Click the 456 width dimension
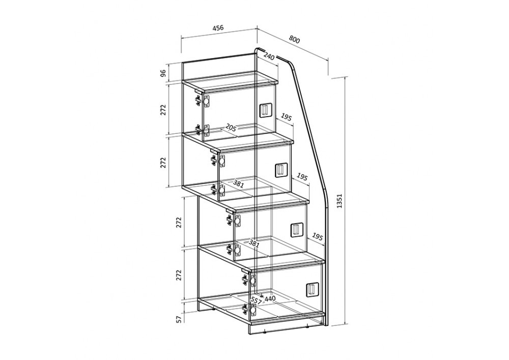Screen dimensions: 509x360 click(x=218, y=28)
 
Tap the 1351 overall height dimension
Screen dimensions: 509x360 click(x=340, y=201)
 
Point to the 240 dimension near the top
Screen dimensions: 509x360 click(x=269, y=57)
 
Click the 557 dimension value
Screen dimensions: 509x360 click(x=257, y=300)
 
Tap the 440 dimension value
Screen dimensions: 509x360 click(x=270, y=298)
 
